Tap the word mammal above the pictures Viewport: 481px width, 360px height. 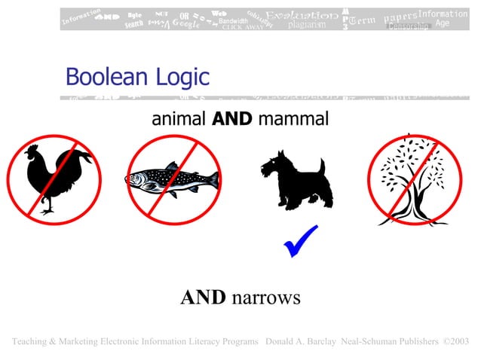(293, 119)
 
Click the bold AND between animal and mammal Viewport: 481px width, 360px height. (232, 119)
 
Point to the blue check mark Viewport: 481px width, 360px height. (299, 241)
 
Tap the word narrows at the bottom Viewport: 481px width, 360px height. (266, 297)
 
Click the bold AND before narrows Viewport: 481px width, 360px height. (203, 297)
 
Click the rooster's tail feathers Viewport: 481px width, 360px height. (78, 160)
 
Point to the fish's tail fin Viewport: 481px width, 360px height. (210, 179)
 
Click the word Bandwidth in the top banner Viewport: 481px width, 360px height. (232, 21)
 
